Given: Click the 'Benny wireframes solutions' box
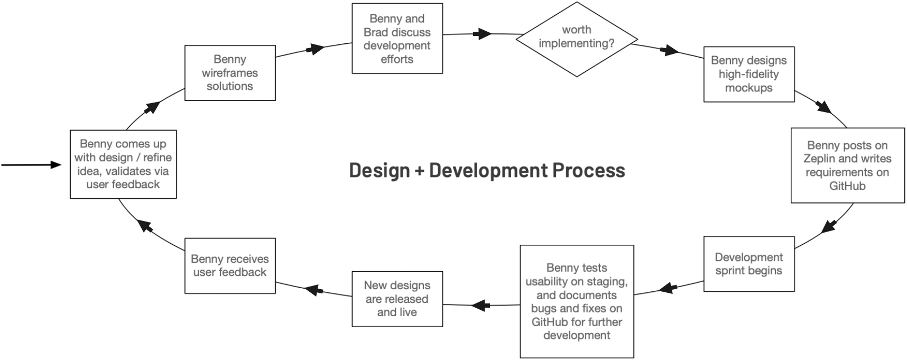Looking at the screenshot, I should click(230, 73).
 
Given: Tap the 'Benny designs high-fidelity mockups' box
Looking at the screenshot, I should click(748, 74).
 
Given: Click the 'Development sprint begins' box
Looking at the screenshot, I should click(748, 264).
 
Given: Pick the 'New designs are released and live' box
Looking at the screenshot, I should click(397, 299).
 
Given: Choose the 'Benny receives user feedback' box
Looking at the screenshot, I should click(230, 266).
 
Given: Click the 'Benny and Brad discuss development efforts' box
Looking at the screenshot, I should click(397, 39).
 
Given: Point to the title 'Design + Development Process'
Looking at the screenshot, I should click(487, 170).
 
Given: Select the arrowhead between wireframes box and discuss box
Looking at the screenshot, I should click(316, 49).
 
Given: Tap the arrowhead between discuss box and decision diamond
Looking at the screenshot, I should click(483, 34).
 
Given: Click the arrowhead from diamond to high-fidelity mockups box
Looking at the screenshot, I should click(670, 51).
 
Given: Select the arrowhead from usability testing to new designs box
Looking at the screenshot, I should click(479, 305).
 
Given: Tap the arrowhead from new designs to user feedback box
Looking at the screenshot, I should click(313, 290).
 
